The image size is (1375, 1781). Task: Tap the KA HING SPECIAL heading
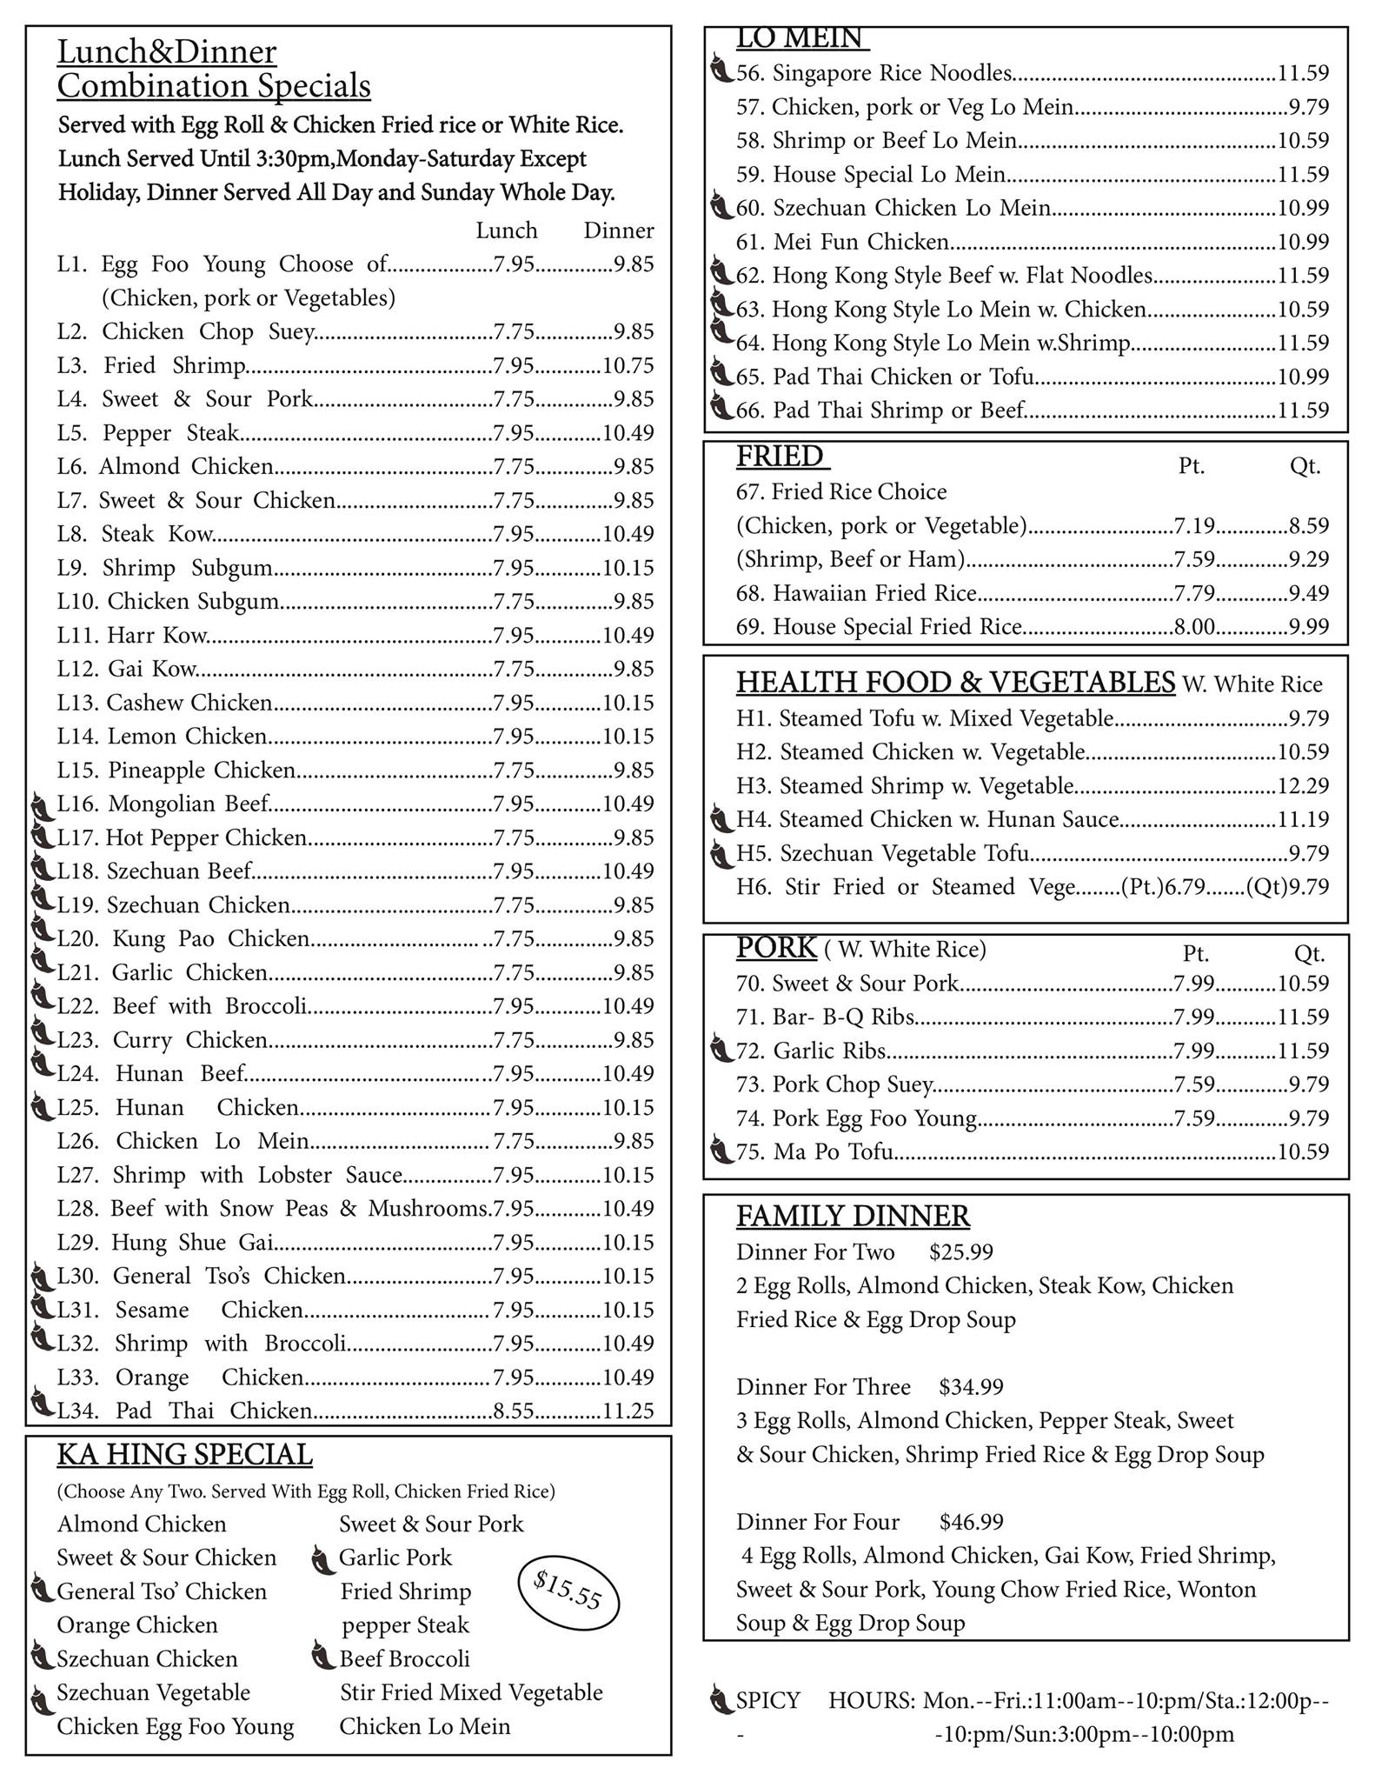[184, 1455]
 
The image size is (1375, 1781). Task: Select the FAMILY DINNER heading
[853, 1215]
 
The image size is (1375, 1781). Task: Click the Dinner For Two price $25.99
[960, 1251]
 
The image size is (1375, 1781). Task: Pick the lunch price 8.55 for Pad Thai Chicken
[514, 1411]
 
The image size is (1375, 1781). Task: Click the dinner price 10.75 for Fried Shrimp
[628, 365]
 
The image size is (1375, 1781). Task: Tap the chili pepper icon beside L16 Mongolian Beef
[41, 806]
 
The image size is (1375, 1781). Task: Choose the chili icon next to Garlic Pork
[322, 1560]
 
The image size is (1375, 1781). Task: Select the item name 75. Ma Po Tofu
[814, 1151]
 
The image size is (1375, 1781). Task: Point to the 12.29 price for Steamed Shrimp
[1303, 785]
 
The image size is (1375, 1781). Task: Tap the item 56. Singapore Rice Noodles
[873, 73]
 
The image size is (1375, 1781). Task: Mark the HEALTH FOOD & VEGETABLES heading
[955, 683]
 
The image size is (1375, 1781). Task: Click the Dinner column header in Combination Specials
[618, 230]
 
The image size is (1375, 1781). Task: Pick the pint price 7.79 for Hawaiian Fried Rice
[1194, 593]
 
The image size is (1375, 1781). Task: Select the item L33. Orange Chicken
[180, 1377]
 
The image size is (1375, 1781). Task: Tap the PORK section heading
[776, 948]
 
